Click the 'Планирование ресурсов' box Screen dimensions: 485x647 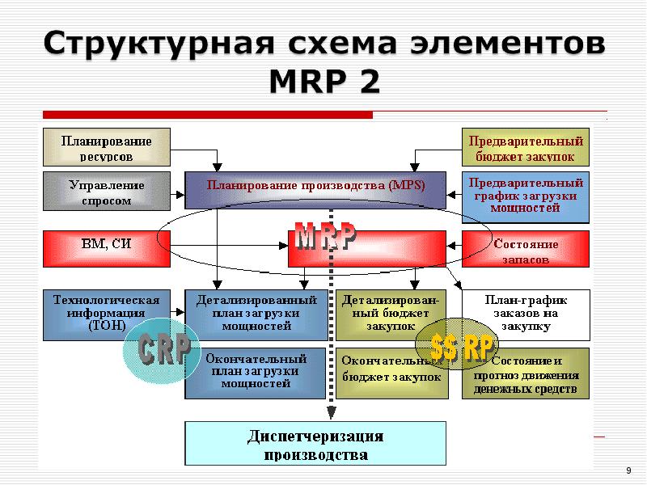point(106,147)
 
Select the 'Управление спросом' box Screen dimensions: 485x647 point(106,192)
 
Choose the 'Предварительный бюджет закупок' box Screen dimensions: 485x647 point(526,147)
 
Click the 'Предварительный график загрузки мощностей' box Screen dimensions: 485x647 point(526,196)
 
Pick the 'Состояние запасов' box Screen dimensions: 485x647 point(526,250)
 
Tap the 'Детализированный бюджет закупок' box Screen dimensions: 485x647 point(391,314)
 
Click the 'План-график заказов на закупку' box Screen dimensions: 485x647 point(526,314)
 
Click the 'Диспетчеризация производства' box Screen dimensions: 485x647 point(315,445)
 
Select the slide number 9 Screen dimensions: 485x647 point(629,471)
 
